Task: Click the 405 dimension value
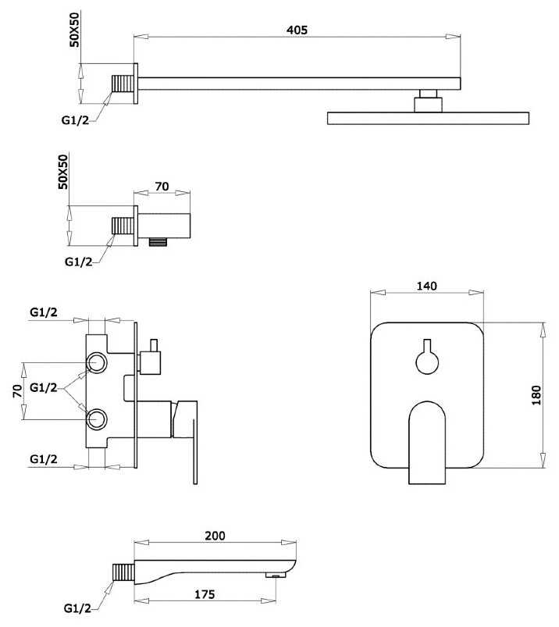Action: click(x=297, y=30)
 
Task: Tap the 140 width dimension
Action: click(x=426, y=286)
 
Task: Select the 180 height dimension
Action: click(x=536, y=395)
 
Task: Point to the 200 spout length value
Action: click(x=215, y=536)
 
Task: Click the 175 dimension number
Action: click(x=205, y=594)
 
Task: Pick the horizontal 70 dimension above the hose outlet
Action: click(x=162, y=187)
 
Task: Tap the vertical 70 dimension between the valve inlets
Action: click(x=17, y=391)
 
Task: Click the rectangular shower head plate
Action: click(x=429, y=119)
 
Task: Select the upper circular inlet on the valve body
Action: click(x=97, y=363)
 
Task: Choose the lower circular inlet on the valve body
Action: click(x=97, y=419)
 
